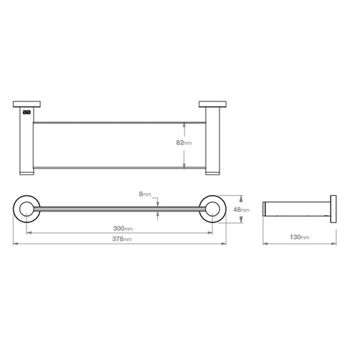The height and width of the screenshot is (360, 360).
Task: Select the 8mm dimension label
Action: (x=145, y=194)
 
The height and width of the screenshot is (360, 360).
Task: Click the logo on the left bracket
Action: (x=27, y=112)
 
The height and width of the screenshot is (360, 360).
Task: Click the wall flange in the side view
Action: (x=333, y=209)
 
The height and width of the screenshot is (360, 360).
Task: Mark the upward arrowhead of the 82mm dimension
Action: (x=184, y=125)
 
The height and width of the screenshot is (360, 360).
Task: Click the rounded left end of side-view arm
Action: (x=264, y=209)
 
